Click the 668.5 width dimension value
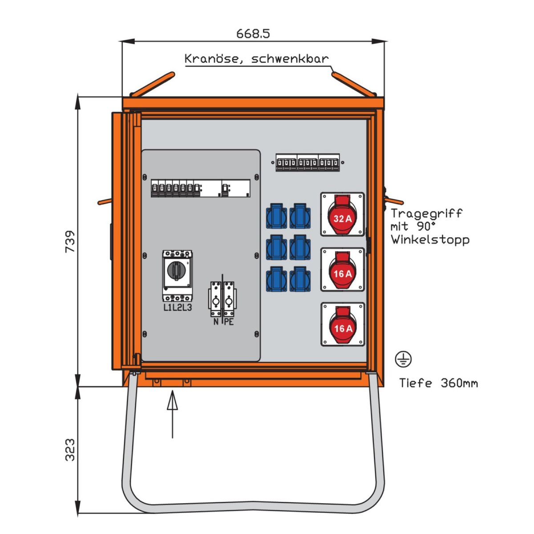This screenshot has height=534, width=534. click(x=253, y=33)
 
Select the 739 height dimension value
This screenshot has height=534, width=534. click(x=70, y=242)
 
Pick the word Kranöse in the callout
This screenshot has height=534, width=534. click(x=211, y=59)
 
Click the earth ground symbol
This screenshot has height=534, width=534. click(x=403, y=359)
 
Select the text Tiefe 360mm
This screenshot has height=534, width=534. click(x=438, y=383)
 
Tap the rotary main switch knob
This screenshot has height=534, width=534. click(x=178, y=270)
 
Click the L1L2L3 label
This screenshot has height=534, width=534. click(x=178, y=307)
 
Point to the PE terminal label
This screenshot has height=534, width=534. click(x=229, y=322)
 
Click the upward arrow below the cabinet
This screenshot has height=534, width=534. click(x=172, y=414)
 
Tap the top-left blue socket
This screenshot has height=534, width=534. click(x=276, y=217)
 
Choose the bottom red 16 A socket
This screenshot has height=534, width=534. click(x=343, y=325)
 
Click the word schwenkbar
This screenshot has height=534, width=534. click(x=290, y=59)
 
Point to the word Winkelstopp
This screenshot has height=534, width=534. click(x=430, y=239)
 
